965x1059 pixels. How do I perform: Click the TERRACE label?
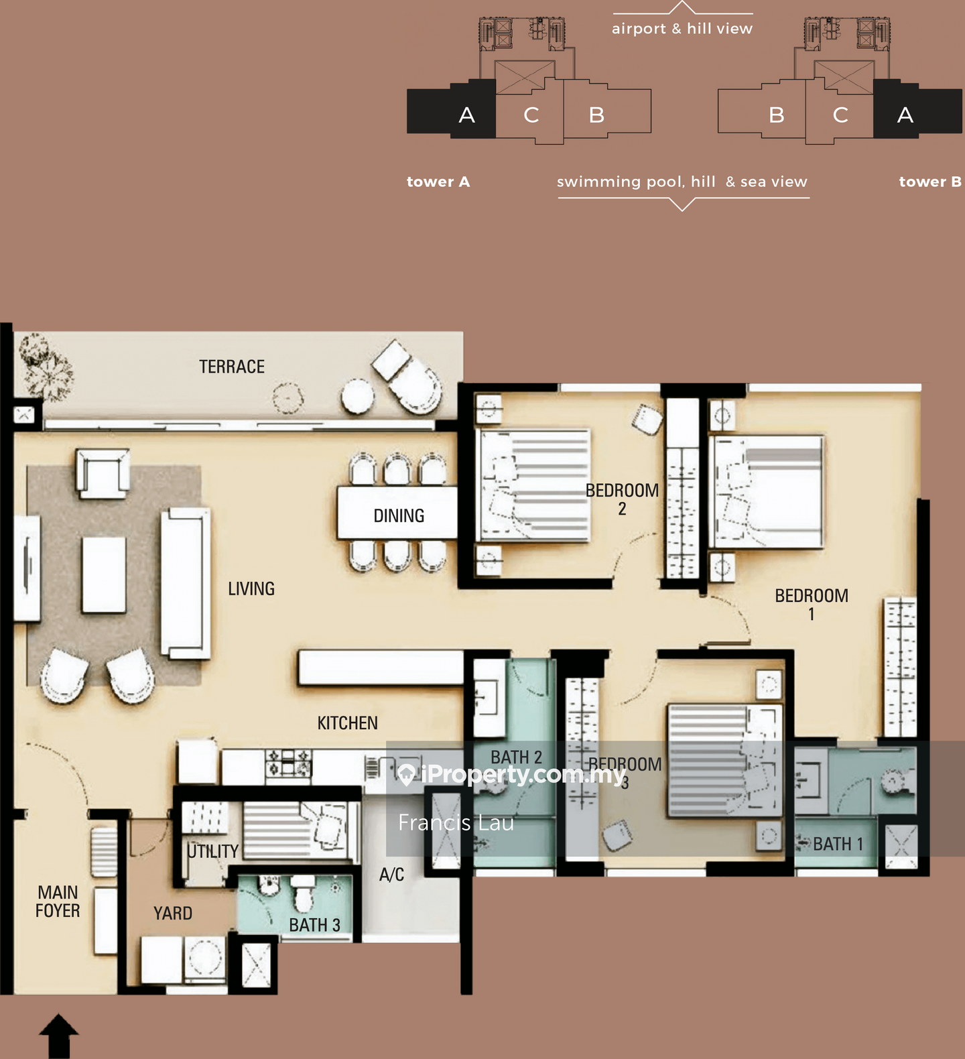tap(232, 367)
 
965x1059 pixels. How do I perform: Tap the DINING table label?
tap(399, 515)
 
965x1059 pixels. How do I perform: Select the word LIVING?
tap(251, 588)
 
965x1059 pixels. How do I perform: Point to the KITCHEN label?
tap(347, 723)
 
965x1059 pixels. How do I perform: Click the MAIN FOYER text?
tap(58, 901)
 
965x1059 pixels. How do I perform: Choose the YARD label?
tap(173, 913)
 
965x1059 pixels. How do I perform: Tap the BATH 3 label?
tap(314, 925)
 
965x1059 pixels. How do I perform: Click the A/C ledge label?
tap(391, 874)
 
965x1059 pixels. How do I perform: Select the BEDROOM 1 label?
tap(812, 605)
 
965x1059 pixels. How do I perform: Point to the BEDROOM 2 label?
tap(622, 499)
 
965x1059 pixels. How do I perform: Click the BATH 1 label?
tap(838, 844)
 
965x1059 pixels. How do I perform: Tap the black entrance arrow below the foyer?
tap(59, 1036)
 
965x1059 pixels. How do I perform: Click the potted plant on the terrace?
tap(45, 366)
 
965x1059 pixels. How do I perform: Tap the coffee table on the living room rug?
tap(104, 575)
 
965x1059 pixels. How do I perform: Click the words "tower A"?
tap(438, 182)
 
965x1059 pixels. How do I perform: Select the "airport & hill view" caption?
tap(682, 29)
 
